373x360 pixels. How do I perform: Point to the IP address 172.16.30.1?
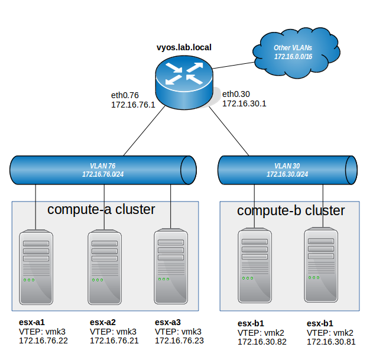click(244, 103)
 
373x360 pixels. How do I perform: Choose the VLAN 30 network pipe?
click(288, 170)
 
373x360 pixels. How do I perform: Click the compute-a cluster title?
click(101, 209)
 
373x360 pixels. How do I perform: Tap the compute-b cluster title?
click(291, 210)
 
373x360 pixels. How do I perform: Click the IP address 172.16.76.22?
click(43, 341)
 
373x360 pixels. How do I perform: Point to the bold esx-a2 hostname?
click(103, 322)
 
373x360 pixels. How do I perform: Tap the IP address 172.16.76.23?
click(179, 341)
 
